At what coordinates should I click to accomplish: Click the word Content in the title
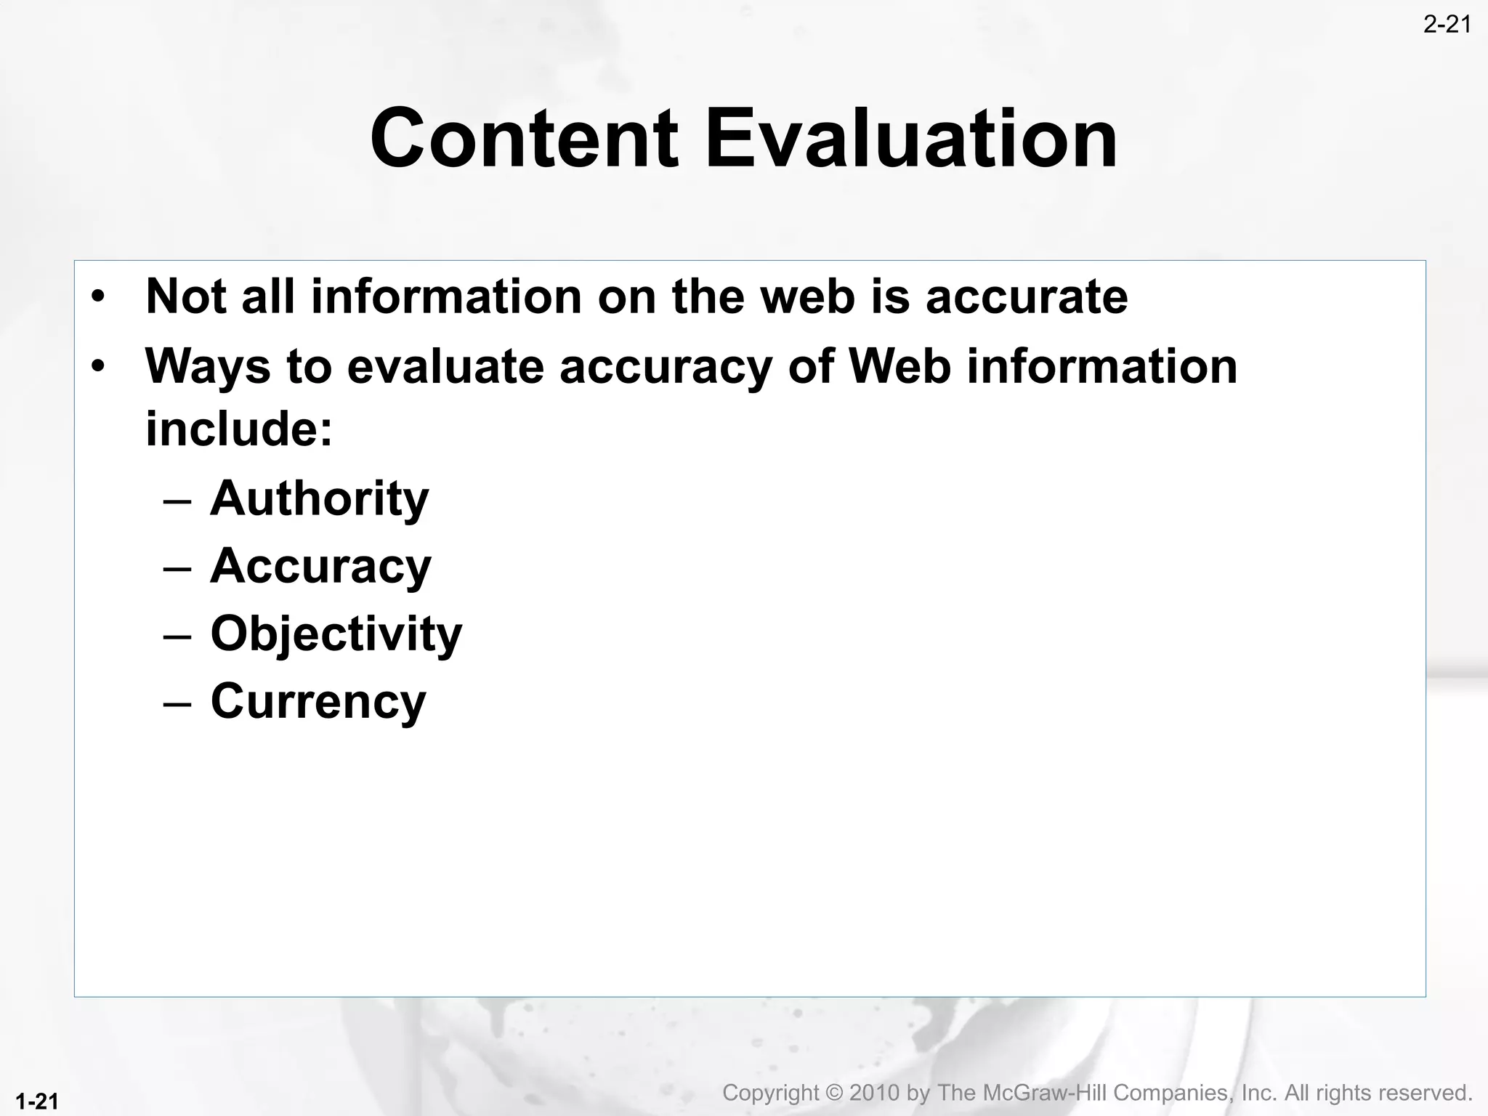click(x=524, y=138)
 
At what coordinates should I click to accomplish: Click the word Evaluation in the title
click(x=911, y=138)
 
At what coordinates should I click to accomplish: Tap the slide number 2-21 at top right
click(x=1447, y=25)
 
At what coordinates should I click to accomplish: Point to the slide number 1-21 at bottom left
click(x=36, y=1101)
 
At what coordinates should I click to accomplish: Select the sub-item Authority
click(x=319, y=499)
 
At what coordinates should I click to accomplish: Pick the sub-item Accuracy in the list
click(x=320, y=567)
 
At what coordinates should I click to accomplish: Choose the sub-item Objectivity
click(x=336, y=634)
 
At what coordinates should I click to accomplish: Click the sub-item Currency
click(x=318, y=702)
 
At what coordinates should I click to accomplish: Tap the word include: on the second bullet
click(x=239, y=429)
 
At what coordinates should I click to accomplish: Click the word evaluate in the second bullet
click(x=445, y=366)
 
